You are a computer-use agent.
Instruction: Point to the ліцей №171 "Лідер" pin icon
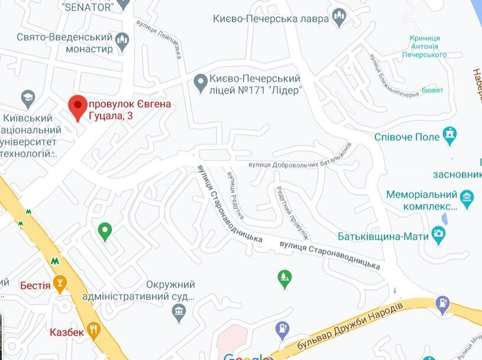click(x=200, y=80)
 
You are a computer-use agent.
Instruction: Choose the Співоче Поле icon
click(x=451, y=136)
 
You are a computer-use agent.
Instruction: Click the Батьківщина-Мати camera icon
click(x=438, y=236)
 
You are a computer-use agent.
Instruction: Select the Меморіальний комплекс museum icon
click(x=467, y=196)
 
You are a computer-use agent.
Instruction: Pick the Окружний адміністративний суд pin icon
click(x=180, y=316)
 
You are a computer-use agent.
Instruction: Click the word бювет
click(x=432, y=92)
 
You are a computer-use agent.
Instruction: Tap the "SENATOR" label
click(x=87, y=6)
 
